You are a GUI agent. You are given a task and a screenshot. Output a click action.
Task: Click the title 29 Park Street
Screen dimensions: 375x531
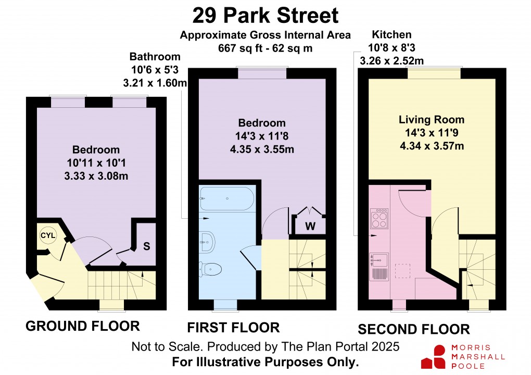click(x=265, y=16)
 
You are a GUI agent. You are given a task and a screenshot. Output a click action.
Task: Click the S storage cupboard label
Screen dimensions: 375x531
click(x=146, y=246)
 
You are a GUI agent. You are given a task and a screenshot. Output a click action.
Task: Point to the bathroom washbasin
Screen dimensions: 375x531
click(x=207, y=239)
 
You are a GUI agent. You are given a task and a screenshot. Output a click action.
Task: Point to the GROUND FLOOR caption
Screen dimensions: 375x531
click(x=83, y=326)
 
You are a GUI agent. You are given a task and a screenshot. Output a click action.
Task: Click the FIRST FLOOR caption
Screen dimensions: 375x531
click(x=233, y=328)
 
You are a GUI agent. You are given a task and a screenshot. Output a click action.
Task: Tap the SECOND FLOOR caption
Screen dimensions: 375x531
click(x=413, y=329)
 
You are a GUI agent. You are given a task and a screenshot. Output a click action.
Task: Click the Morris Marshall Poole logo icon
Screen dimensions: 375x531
click(x=434, y=356)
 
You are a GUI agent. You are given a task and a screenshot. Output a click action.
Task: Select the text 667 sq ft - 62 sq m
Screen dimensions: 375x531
click(x=265, y=48)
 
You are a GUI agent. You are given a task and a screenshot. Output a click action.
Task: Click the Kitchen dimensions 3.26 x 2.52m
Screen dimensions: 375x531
click(x=391, y=60)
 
